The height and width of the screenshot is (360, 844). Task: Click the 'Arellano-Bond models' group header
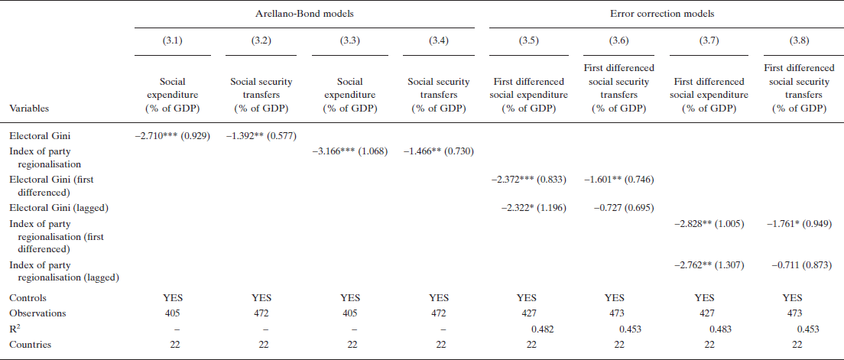tap(304, 13)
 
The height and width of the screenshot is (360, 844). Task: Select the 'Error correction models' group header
tap(660, 13)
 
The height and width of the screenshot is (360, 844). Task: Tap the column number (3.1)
tap(173, 41)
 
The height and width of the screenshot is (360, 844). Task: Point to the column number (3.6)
tap(619, 41)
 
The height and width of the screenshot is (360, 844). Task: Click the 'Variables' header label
tap(30, 109)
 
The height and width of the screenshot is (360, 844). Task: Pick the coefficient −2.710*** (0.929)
tap(173, 135)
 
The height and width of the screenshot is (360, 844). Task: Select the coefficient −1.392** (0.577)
tap(261, 135)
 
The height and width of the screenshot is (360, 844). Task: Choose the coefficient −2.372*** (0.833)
tap(528, 179)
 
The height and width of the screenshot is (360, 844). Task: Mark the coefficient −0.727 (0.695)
tap(618, 208)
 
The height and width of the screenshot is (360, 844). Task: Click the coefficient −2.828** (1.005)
tap(707, 223)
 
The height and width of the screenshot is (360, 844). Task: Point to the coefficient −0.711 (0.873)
tap(797, 264)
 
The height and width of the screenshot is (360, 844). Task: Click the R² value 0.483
tap(719, 329)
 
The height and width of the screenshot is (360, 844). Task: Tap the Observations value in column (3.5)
tap(526, 313)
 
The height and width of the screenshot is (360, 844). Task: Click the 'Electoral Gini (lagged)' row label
tap(56, 208)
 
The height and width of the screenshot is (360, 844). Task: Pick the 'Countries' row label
tap(30, 345)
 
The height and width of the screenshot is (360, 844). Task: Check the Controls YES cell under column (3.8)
tap(793, 297)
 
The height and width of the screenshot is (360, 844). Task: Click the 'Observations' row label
tap(37, 313)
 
